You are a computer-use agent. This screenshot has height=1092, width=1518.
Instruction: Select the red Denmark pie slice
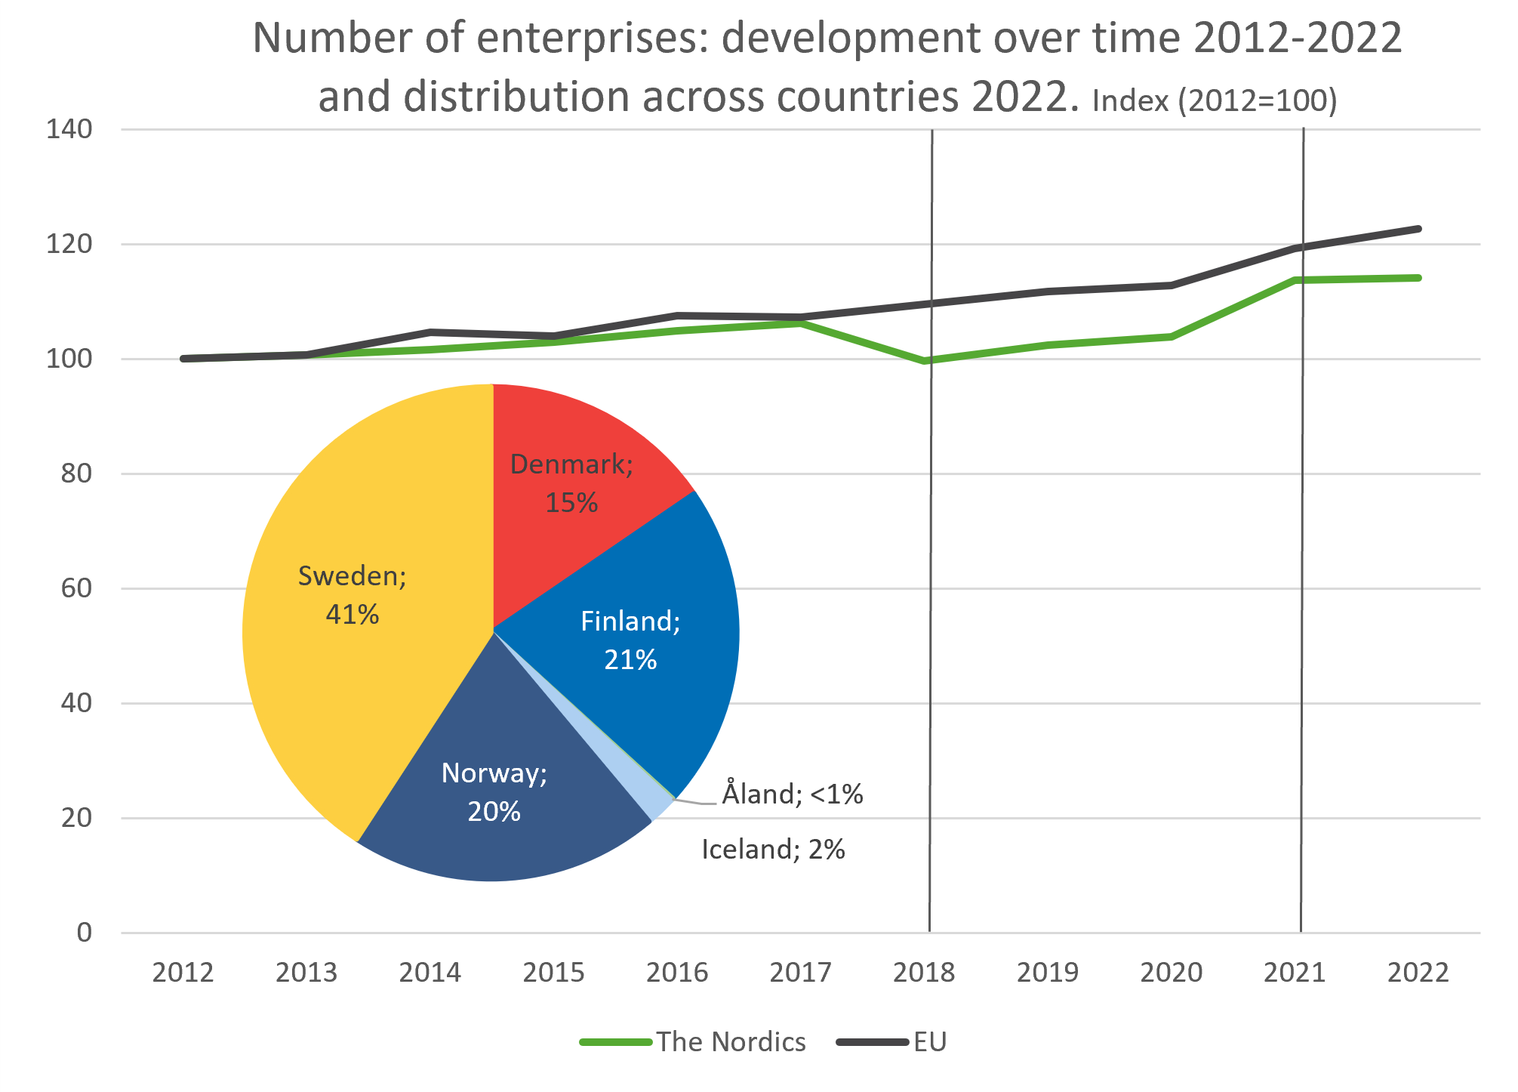pyautogui.click(x=574, y=483)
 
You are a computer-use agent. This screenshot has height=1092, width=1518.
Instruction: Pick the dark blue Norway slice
pyautogui.click(x=494, y=800)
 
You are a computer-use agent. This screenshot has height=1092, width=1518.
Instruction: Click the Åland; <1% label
pyautogui.click(x=792, y=794)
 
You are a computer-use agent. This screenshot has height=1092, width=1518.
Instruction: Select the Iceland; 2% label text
pyautogui.click(x=773, y=850)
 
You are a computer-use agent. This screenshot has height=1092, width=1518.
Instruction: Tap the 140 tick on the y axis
pyautogui.click(x=69, y=129)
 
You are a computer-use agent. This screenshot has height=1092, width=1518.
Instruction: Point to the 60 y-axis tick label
pyautogui.click(x=76, y=588)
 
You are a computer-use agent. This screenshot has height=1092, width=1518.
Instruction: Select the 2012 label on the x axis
pyautogui.click(x=183, y=973)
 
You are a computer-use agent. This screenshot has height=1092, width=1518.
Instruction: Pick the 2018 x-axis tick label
pyautogui.click(x=924, y=973)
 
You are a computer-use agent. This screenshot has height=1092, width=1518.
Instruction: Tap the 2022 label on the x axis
pyautogui.click(x=1418, y=973)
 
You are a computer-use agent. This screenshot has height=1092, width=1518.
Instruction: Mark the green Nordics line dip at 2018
pyautogui.click(x=925, y=361)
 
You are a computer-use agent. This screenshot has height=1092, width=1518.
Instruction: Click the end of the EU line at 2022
pyautogui.click(x=1419, y=229)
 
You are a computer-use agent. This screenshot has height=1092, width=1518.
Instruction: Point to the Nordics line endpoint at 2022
pyautogui.click(x=1419, y=278)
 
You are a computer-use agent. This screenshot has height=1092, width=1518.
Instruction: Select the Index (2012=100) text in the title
pyautogui.click(x=1215, y=100)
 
